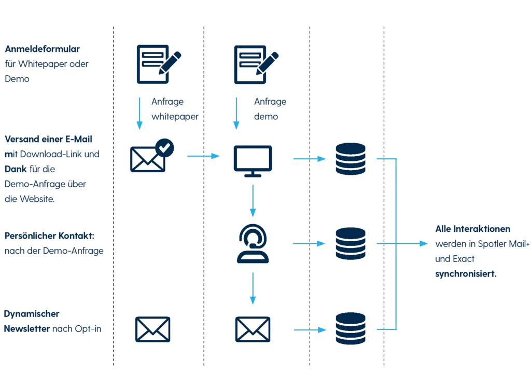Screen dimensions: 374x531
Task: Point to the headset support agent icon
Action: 253,243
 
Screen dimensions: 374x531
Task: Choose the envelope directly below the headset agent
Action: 253,330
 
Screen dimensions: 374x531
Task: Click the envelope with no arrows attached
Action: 153,330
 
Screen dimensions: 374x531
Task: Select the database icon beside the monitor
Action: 350,159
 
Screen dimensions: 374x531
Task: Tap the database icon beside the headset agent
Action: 350,243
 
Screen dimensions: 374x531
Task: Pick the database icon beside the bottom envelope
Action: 350,329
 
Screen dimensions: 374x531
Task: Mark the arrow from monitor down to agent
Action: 253,200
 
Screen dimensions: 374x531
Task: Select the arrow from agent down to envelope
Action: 253,287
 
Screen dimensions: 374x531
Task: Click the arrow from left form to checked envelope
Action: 138,112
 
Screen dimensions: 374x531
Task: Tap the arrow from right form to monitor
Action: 236,112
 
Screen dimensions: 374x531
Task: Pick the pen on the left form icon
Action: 173,60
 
